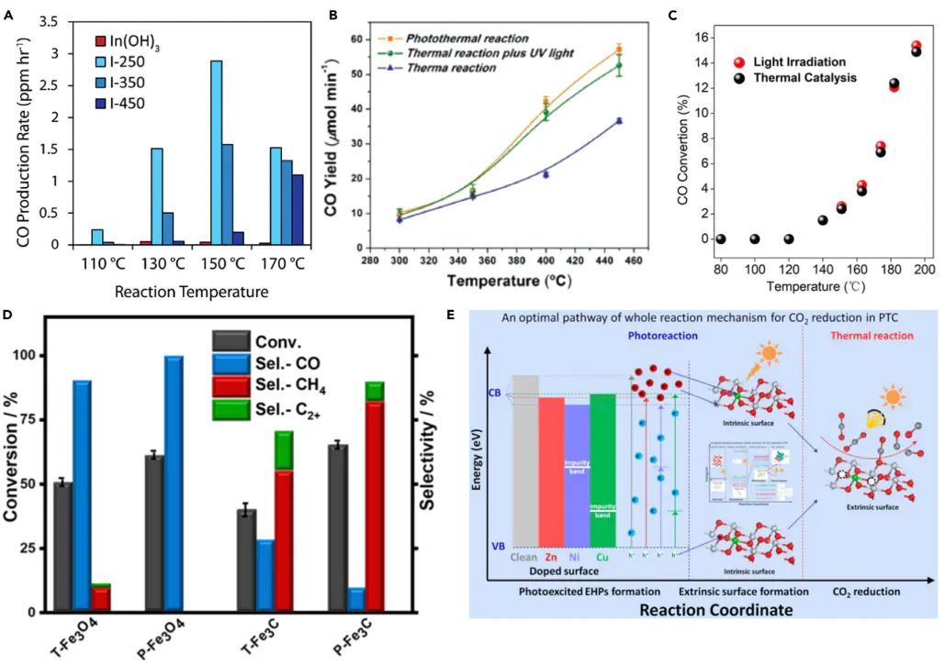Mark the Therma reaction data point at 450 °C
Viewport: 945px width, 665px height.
(x=619, y=121)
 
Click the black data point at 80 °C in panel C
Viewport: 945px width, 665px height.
(x=721, y=238)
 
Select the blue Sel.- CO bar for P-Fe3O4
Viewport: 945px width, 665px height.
(x=173, y=483)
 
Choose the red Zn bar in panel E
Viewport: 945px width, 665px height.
(x=551, y=472)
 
